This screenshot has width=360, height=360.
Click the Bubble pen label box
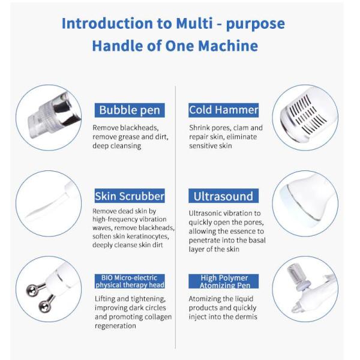(x=130, y=110)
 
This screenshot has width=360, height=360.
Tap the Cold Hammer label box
(x=223, y=110)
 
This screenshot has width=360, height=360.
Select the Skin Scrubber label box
(x=130, y=196)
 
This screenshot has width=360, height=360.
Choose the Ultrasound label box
(x=223, y=196)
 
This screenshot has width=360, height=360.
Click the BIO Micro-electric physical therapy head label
(x=130, y=281)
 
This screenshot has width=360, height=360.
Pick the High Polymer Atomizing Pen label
(x=223, y=281)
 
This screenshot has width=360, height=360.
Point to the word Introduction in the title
(x=107, y=23)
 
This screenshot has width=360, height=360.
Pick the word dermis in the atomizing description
(x=245, y=317)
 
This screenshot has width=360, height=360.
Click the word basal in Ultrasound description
(x=257, y=241)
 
